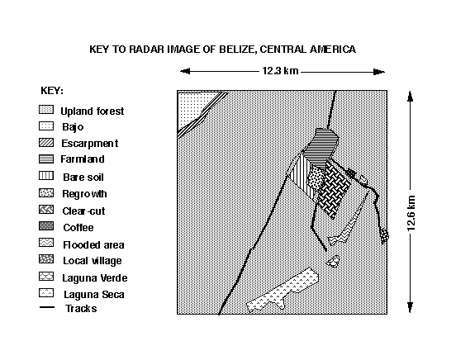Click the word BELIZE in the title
(x=237, y=50)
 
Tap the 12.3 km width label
(x=280, y=71)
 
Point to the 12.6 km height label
(x=411, y=213)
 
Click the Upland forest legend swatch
(x=46, y=110)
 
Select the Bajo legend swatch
(x=46, y=126)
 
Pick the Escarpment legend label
(x=89, y=144)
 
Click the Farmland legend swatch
(x=46, y=159)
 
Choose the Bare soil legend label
(x=83, y=177)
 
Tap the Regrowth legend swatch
(x=46, y=192)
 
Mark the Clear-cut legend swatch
(x=46, y=210)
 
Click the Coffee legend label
(x=78, y=227)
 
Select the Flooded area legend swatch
(x=46, y=243)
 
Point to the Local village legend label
(x=93, y=261)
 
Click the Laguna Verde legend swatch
(x=46, y=277)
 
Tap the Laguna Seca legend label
(x=94, y=295)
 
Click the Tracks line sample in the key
(x=47, y=307)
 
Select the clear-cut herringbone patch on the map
(x=334, y=189)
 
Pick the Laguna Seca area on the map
(x=282, y=291)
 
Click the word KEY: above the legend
(x=52, y=91)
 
